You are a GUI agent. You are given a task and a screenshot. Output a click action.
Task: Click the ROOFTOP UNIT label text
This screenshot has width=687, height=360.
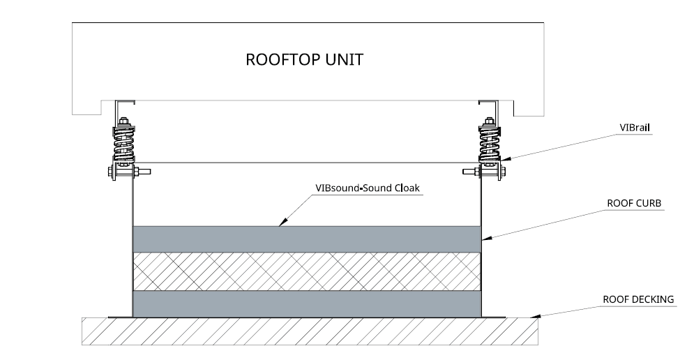coord(305,59)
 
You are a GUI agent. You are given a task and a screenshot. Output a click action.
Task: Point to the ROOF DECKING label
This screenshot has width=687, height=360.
coord(637,299)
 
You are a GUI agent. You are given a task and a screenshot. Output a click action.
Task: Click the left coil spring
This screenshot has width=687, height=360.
coord(123,145)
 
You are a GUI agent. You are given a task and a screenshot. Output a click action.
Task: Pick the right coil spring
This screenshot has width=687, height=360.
coord(488,145)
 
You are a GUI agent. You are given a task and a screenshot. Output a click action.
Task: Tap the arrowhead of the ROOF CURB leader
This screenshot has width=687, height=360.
coord(482,241)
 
